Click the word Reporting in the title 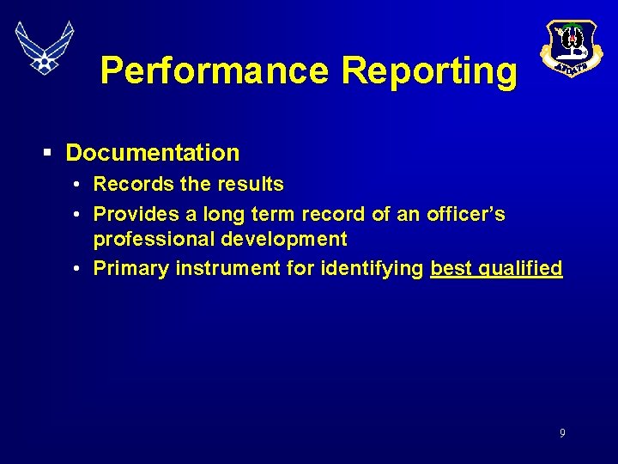(429, 70)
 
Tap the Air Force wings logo (45, 46)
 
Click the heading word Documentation (153, 153)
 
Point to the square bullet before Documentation (48, 153)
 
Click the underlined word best (451, 269)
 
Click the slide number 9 (562, 434)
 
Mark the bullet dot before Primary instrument (77, 269)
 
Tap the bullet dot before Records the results (77, 184)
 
